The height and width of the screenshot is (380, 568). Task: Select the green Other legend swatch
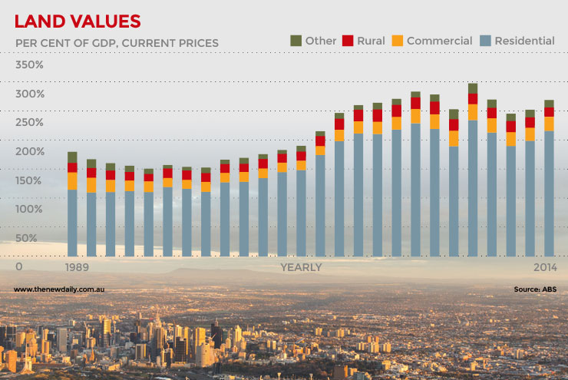pyautogui.click(x=296, y=40)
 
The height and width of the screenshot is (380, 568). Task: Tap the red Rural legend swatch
pyautogui.click(x=347, y=40)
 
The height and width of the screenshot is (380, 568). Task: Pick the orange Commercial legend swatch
pyautogui.click(x=397, y=40)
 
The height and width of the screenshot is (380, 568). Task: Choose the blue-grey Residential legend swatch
pyautogui.click(x=484, y=40)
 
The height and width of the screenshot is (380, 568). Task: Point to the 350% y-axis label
pyautogui.click(x=29, y=64)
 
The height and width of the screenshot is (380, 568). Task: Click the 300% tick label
pyautogui.click(x=29, y=94)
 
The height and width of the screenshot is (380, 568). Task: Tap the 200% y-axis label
pyautogui.click(x=29, y=151)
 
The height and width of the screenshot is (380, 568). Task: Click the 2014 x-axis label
pyautogui.click(x=544, y=267)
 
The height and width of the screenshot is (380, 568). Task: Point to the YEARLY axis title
pyautogui.click(x=301, y=267)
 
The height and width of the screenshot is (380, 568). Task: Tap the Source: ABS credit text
pyautogui.click(x=534, y=289)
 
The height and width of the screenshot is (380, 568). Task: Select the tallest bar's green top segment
pyautogui.click(x=473, y=88)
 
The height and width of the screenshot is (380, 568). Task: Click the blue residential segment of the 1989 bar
pyautogui.click(x=72, y=223)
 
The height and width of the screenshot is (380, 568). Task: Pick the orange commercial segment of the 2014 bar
pyautogui.click(x=549, y=124)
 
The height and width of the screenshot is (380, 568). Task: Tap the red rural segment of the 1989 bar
pyautogui.click(x=72, y=167)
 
